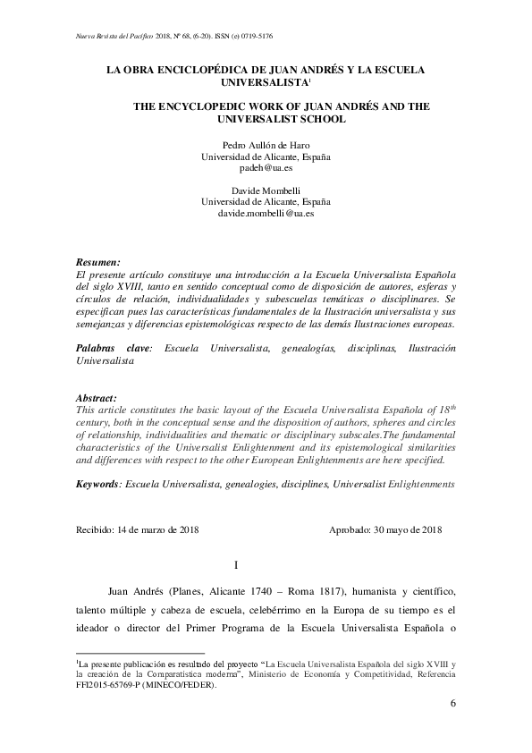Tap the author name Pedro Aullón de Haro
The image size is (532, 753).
(x=266, y=144)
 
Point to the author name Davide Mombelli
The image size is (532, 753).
(x=266, y=190)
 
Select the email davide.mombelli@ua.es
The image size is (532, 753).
(x=266, y=214)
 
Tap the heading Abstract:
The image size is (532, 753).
(x=97, y=396)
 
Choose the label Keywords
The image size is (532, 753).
(x=97, y=483)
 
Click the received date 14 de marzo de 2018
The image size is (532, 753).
(x=157, y=529)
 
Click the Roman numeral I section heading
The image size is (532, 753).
(x=235, y=565)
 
